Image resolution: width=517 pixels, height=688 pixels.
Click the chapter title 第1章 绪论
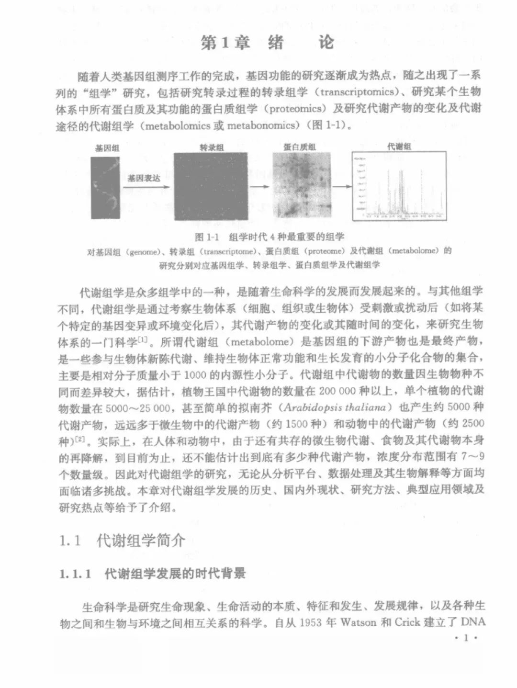coord(267,43)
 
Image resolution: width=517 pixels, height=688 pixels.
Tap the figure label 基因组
coord(107,148)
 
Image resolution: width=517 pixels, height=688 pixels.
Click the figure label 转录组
coord(211,148)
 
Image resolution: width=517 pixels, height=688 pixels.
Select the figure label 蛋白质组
coord(300,147)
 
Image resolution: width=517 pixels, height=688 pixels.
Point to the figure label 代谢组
coord(399,147)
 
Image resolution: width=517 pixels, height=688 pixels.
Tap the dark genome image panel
coord(105,188)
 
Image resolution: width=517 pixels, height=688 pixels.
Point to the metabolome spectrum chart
coord(399,186)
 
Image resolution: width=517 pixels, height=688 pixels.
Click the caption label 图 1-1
coord(206,237)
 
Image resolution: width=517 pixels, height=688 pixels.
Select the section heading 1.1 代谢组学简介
coord(122,541)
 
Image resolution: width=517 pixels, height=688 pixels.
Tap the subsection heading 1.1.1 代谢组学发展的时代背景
coord(153,574)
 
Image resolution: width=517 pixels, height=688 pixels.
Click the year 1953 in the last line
coord(313,623)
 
